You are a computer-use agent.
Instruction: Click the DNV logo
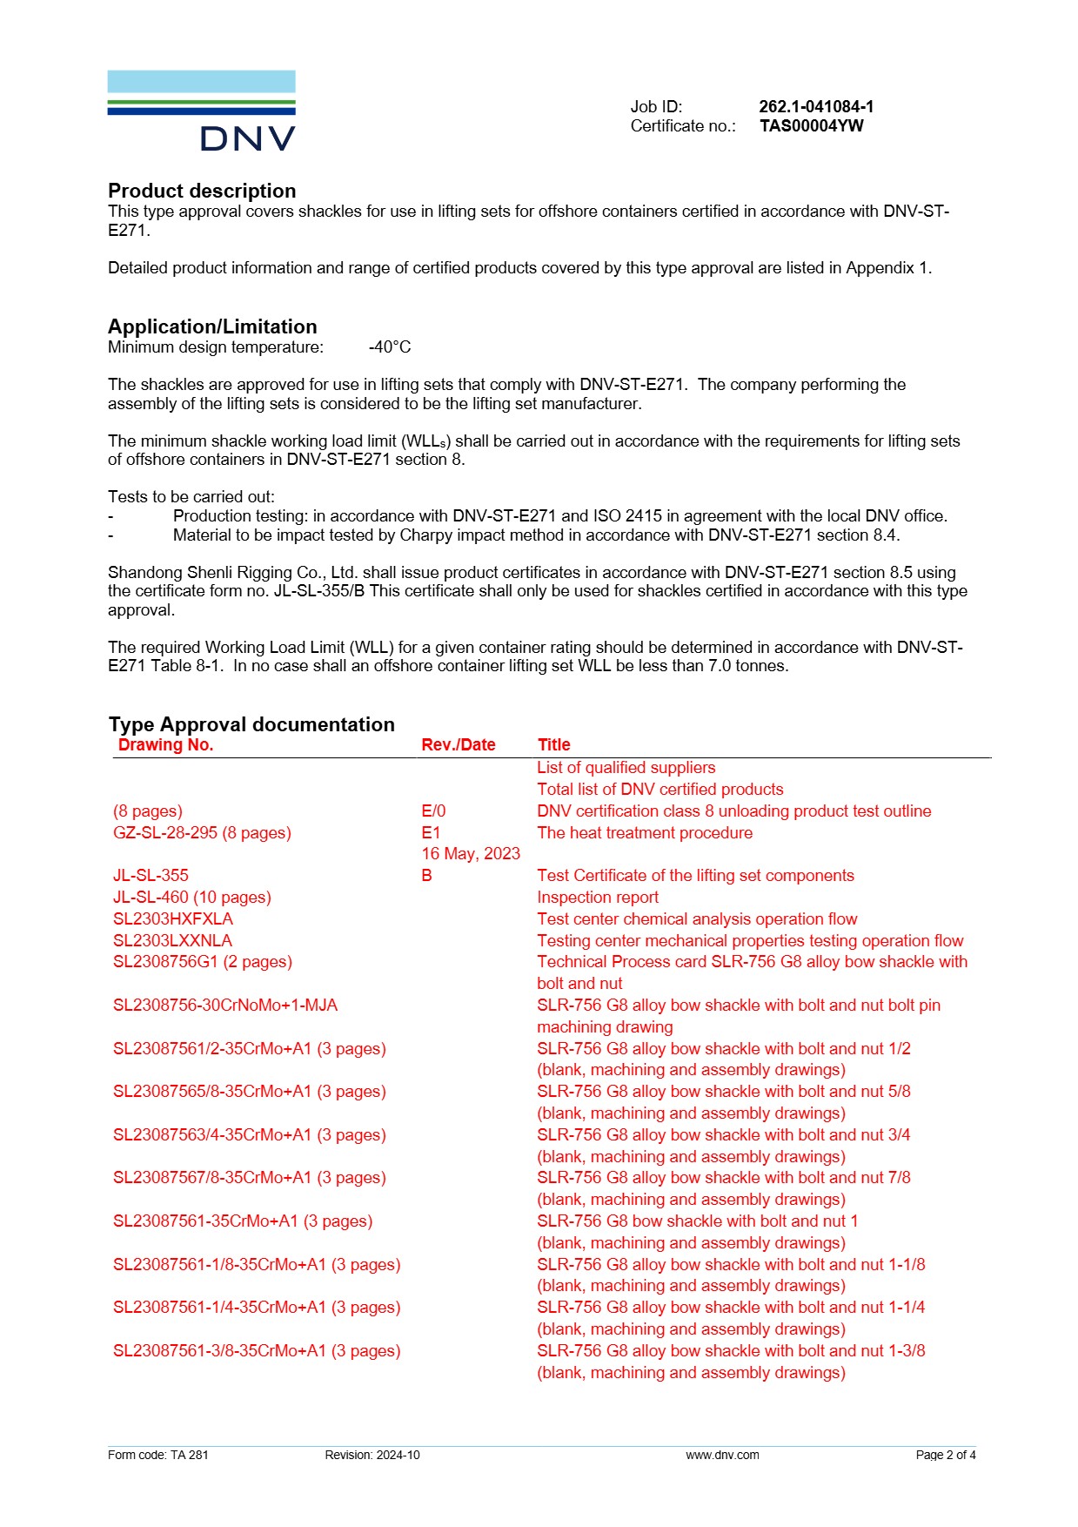click(x=201, y=111)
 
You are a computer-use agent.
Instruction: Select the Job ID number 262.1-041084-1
click(x=815, y=106)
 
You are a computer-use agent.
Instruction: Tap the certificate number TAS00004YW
click(x=811, y=125)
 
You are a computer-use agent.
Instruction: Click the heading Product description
click(x=202, y=191)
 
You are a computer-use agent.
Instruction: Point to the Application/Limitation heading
click(x=212, y=326)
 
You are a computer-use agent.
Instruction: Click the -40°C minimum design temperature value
click(x=389, y=347)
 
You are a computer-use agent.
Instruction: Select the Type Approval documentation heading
click(x=251, y=724)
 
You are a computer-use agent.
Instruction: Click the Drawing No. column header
click(x=165, y=744)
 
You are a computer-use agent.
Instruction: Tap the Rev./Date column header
click(x=458, y=744)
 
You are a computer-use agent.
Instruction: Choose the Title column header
click(x=553, y=744)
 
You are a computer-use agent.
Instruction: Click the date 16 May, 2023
click(x=471, y=853)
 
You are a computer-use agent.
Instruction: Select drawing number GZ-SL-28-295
click(x=165, y=832)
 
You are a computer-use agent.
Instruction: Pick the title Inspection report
click(x=597, y=897)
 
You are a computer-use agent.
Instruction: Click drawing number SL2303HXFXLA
click(x=173, y=918)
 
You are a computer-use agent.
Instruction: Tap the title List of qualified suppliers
click(x=626, y=767)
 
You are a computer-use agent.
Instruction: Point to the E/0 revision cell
click(x=433, y=811)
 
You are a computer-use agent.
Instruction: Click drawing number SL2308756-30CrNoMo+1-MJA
click(x=225, y=1005)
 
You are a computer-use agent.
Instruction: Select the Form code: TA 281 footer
click(x=158, y=1455)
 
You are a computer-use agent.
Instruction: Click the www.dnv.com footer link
click(x=722, y=1455)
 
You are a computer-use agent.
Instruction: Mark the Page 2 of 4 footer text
click(x=945, y=1455)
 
